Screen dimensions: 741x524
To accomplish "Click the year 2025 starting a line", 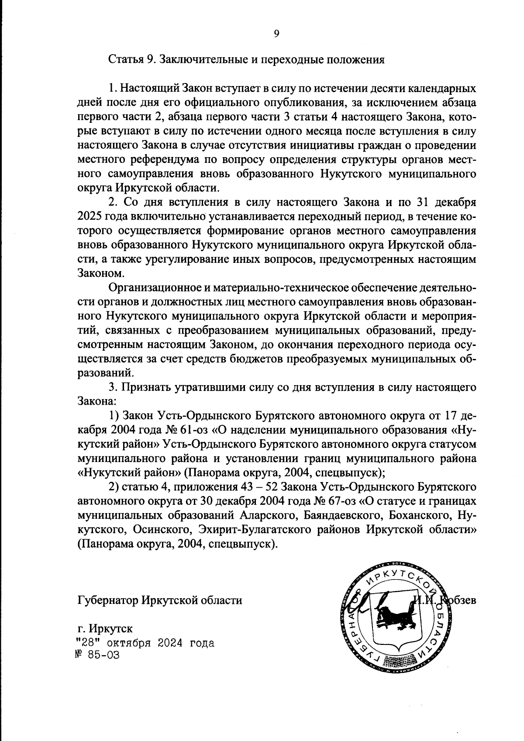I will tap(90, 217).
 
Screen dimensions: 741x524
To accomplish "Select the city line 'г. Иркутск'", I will tap(105, 629).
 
